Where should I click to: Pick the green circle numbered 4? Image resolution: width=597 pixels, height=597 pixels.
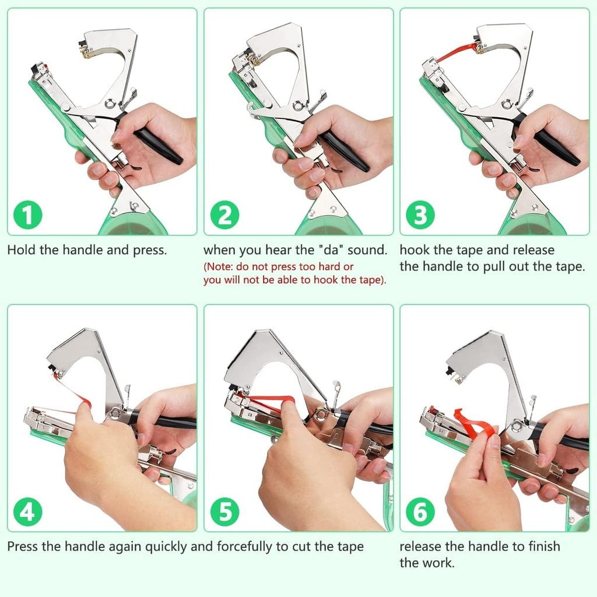pos(27,512)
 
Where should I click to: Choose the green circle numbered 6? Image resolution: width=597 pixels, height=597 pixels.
pos(420,512)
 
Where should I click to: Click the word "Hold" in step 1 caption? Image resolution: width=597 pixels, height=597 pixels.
pos(20,250)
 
